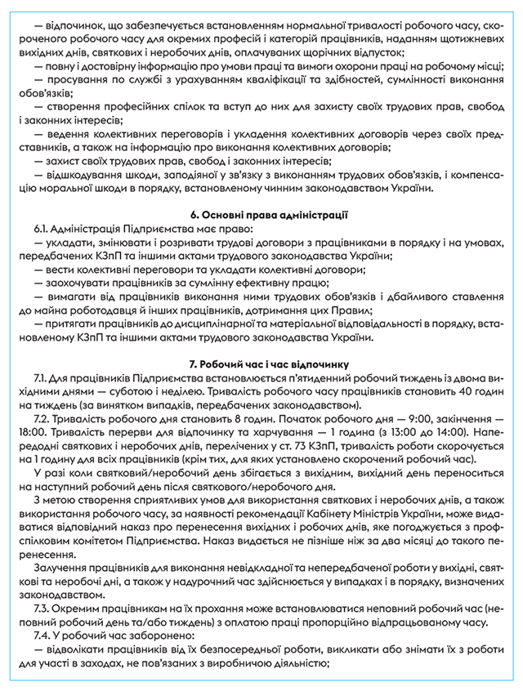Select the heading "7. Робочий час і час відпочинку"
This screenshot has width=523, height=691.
[261, 363]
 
